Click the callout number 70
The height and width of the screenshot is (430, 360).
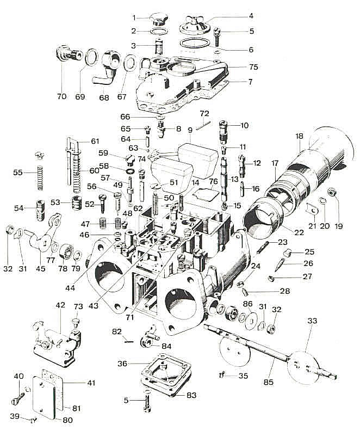click(61, 96)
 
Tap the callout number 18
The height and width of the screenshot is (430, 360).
click(299, 136)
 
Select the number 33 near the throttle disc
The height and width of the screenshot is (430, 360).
click(312, 321)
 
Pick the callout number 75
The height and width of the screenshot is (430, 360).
click(253, 67)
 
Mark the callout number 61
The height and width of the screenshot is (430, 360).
click(95, 142)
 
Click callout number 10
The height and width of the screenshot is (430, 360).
click(244, 125)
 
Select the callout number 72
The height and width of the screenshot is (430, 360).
click(204, 113)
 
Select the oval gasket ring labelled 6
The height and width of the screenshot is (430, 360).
click(195, 45)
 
